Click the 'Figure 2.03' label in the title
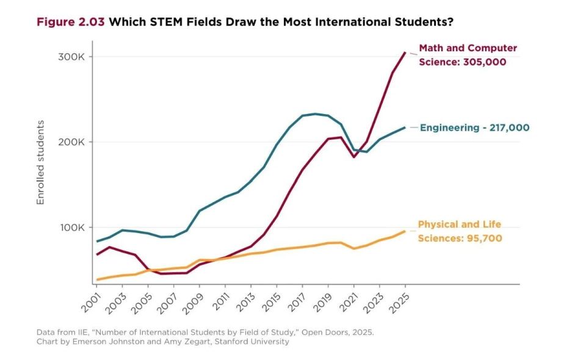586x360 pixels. click(x=70, y=22)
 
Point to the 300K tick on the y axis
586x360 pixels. click(x=71, y=57)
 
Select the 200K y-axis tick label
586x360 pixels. click(x=71, y=142)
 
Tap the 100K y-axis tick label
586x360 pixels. click(x=73, y=228)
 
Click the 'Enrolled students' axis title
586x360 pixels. click(x=40, y=162)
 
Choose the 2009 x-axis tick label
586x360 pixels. click(x=194, y=303)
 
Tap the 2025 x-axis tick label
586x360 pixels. click(x=399, y=303)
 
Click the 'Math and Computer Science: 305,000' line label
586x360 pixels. click(x=468, y=55)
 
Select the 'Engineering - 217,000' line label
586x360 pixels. click(x=475, y=128)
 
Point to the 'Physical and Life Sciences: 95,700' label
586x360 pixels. click(x=460, y=231)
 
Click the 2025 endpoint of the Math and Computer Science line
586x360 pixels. click(x=405, y=52)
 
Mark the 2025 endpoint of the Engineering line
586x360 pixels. click(x=405, y=128)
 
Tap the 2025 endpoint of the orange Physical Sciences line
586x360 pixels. click(x=405, y=231)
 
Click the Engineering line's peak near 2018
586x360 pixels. click(x=315, y=114)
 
